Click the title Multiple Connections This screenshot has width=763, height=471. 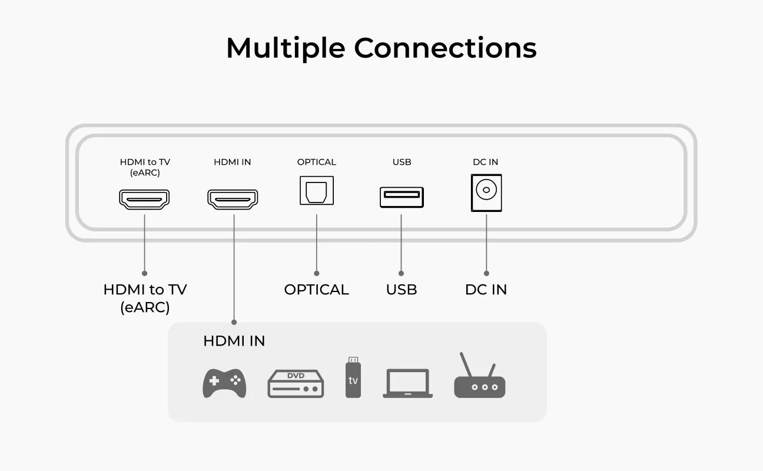pyautogui.click(x=381, y=48)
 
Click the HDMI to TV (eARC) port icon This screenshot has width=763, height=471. pyautogui.click(x=144, y=200)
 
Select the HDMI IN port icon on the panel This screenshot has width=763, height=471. pyautogui.click(x=233, y=200)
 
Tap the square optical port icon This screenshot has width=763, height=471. pyautogui.click(x=317, y=191)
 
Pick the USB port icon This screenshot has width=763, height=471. pyautogui.click(x=402, y=197)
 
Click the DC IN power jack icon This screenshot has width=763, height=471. pyautogui.click(x=486, y=193)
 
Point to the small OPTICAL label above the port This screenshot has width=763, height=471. pyautogui.click(x=317, y=162)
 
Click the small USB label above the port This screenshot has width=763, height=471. pyautogui.click(x=402, y=162)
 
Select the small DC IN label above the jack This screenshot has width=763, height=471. pyautogui.click(x=486, y=162)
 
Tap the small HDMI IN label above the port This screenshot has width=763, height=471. pyautogui.click(x=233, y=162)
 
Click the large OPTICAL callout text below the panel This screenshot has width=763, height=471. pyautogui.click(x=317, y=290)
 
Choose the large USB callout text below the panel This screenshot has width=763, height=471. pyautogui.click(x=402, y=290)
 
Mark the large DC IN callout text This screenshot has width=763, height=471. pyautogui.click(x=486, y=290)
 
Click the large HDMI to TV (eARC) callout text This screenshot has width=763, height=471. pyautogui.click(x=145, y=298)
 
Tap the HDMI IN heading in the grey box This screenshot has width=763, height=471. pyautogui.click(x=234, y=341)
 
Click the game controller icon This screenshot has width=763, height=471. pyautogui.click(x=224, y=383)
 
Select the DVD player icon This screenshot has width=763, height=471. pyautogui.click(x=296, y=383)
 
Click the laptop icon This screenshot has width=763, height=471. pyautogui.click(x=407, y=383)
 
